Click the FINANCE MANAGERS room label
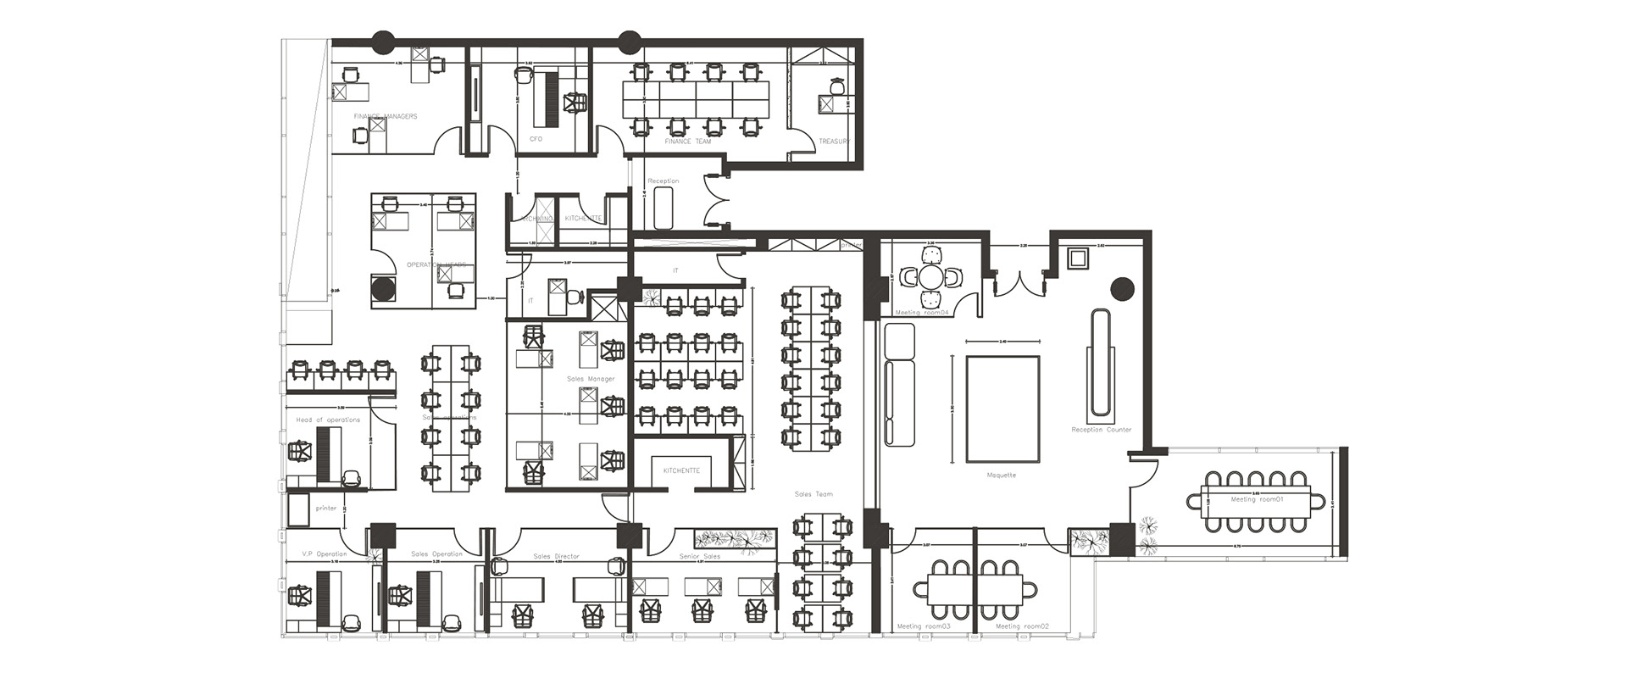coord(385,116)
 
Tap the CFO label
coord(536,139)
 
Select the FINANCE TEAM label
coord(687,142)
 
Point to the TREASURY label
coord(833,142)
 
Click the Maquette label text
coord(1002,475)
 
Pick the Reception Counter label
coord(1101,430)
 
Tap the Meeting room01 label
coord(1258,500)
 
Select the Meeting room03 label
coord(924,626)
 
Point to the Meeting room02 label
coord(1022,626)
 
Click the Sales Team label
coord(813,494)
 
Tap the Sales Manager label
coord(591,379)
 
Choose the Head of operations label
coord(328,420)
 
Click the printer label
coord(326,509)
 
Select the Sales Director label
coord(556,557)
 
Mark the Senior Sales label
coord(699,557)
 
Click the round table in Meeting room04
coord(930,277)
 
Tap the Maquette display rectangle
coord(1002,409)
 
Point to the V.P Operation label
coord(324,554)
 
